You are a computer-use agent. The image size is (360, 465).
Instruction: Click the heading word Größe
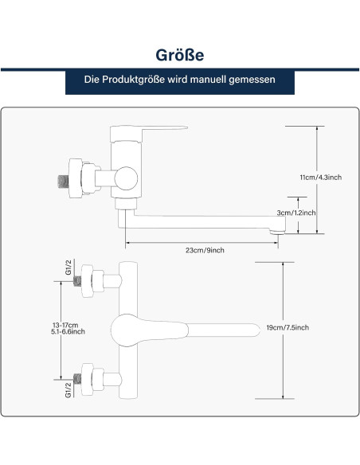click(x=180, y=55)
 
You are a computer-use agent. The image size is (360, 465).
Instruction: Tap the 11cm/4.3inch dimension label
click(x=320, y=178)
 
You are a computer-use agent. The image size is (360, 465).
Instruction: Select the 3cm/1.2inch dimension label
click(x=296, y=213)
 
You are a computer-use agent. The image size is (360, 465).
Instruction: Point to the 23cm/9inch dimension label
click(x=205, y=250)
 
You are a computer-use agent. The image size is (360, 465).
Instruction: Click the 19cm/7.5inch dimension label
click(x=288, y=328)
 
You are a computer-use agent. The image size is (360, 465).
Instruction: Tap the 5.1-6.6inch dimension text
click(x=68, y=331)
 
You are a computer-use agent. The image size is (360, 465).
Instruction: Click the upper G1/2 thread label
click(x=68, y=268)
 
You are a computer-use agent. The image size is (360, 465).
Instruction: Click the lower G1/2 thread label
click(x=68, y=389)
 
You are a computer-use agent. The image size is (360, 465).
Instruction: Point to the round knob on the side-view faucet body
click(x=126, y=178)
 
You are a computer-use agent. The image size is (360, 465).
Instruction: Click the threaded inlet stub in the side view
click(x=63, y=182)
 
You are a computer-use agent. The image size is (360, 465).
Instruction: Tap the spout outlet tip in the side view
click(x=277, y=231)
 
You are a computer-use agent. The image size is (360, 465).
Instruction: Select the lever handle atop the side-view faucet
click(x=148, y=132)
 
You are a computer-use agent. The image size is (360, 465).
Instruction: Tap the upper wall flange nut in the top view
click(x=87, y=281)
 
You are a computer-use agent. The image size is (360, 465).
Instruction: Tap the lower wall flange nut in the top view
click(x=87, y=379)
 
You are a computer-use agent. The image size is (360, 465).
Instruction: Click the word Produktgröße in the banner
click(x=133, y=80)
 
